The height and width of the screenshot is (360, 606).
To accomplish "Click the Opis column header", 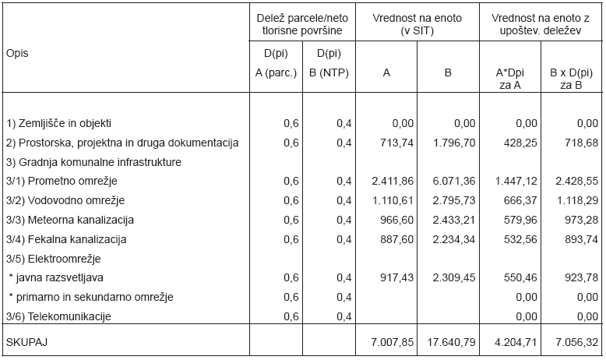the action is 17,53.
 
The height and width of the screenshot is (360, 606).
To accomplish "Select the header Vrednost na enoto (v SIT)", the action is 417,24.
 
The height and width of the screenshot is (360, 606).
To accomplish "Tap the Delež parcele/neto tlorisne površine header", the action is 302,24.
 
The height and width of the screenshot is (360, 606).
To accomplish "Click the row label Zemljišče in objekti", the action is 58,123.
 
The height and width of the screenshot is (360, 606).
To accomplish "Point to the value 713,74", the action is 396,143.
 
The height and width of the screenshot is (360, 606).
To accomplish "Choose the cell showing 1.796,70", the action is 454,143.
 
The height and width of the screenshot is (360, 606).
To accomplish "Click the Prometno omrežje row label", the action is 62,181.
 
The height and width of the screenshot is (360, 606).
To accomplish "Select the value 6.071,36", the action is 454,181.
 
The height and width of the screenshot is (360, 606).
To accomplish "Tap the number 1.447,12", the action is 516,181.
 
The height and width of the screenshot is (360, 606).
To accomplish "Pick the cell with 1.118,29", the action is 577,200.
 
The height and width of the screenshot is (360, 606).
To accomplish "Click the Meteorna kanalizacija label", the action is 69,220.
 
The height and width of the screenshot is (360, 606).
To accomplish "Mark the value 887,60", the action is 396,239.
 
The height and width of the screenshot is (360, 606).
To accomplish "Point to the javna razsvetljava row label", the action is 56,277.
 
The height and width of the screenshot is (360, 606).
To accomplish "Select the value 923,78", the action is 581,277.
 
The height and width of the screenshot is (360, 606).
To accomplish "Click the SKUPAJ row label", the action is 26,342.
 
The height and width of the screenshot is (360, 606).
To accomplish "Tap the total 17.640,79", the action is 452,342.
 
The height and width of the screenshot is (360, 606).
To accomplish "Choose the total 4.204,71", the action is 516,342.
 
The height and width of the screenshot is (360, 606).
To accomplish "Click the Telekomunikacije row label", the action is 58,316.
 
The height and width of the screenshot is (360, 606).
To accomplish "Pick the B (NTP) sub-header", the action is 329,72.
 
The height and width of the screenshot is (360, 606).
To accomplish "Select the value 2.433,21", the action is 454,220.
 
